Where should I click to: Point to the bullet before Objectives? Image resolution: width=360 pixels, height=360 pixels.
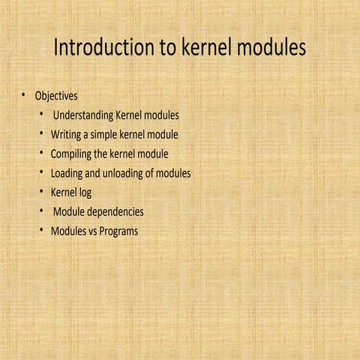pyautogui.click(x=23, y=95)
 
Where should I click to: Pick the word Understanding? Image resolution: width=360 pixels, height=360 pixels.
pyautogui.click(x=83, y=115)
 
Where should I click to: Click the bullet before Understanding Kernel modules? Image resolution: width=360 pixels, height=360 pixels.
pyautogui.click(x=43, y=115)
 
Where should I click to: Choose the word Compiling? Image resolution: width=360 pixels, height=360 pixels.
pyautogui.click(x=70, y=154)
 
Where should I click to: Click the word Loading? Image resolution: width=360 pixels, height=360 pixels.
pyautogui.click(x=67, y=173)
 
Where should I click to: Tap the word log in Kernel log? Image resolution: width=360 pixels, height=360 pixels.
pyautogui.click(x=83, y=193)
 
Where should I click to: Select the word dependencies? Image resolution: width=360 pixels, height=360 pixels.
pyautogui.click(x=114, y=212)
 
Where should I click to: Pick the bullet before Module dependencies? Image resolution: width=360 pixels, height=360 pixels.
pyautogui.click(x=43, y=211)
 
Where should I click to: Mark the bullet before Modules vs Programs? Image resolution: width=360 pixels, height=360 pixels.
pyautogui.click(x=43, y=230)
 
